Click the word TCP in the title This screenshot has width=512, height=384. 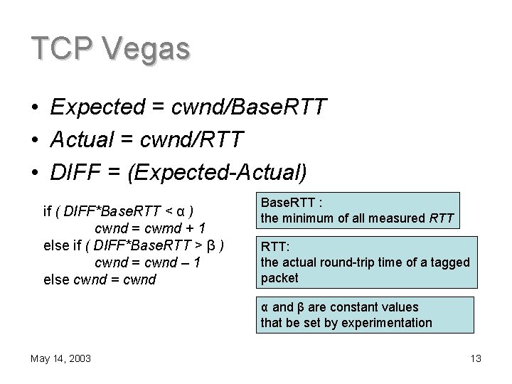(62, 49)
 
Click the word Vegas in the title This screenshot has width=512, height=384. (146, 49)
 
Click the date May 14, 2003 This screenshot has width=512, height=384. (60, 358)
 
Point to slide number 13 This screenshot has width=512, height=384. (476, 358)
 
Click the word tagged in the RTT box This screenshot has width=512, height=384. (450, 262)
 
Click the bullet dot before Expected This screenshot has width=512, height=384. (35, 107)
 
